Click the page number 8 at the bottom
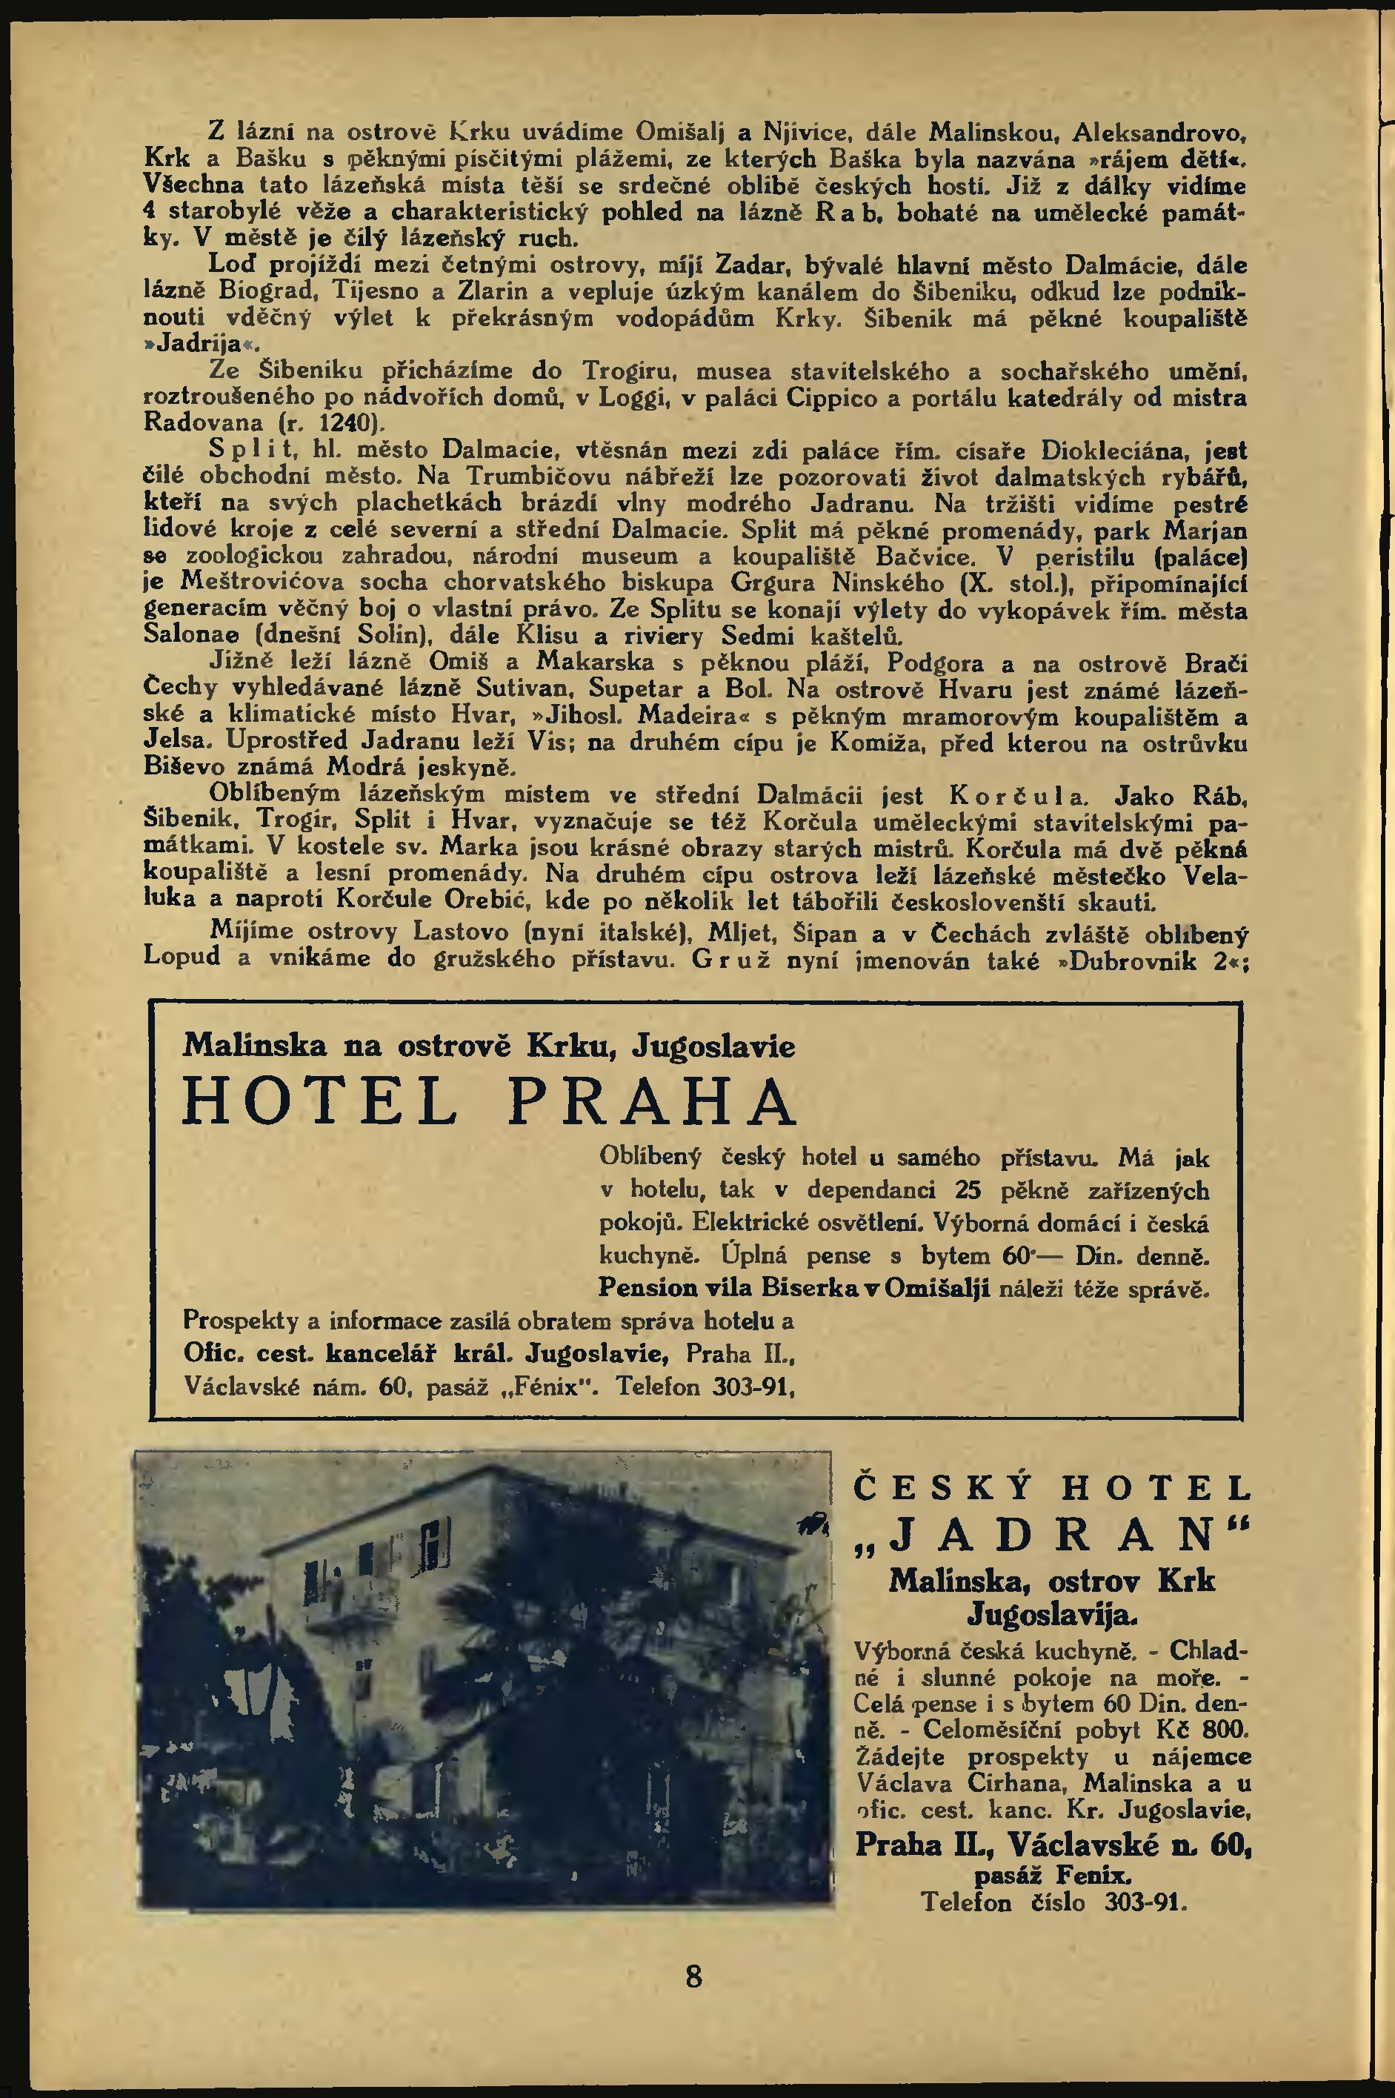694,1976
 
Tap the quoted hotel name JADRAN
1053,1533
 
